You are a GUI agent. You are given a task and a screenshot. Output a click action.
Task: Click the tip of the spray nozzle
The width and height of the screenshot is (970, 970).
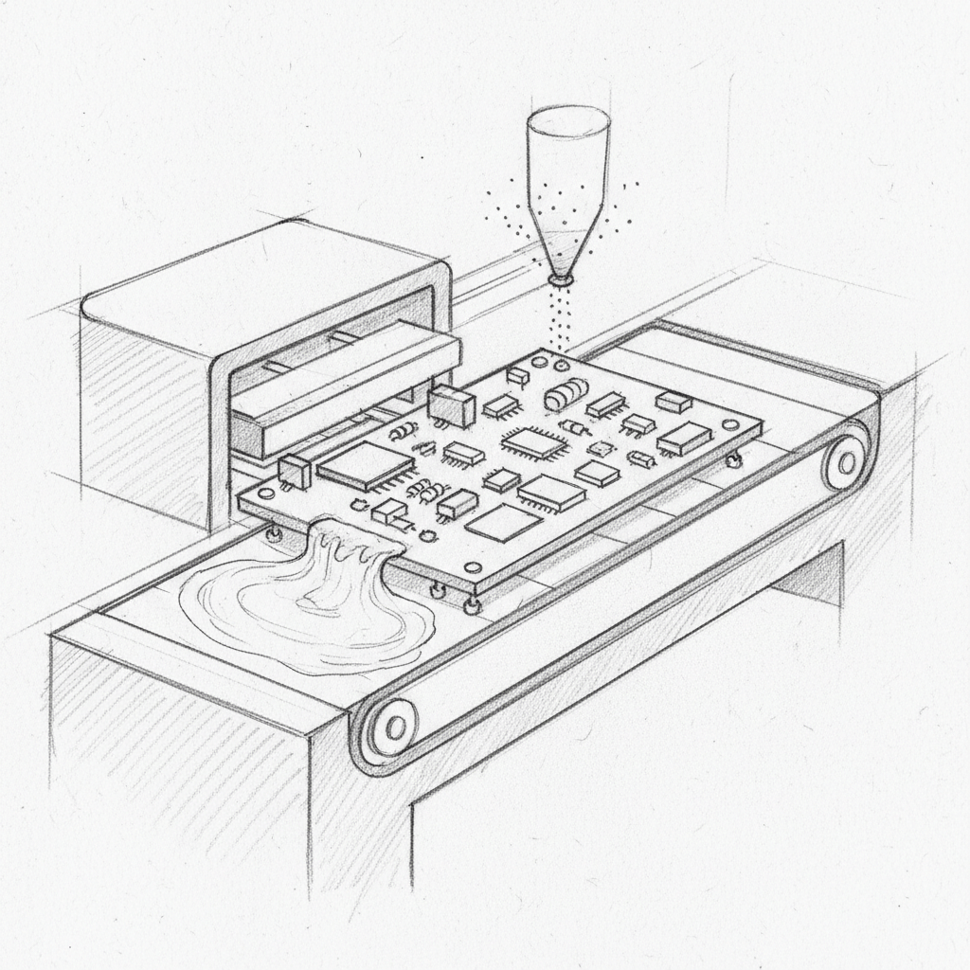pos(561,280)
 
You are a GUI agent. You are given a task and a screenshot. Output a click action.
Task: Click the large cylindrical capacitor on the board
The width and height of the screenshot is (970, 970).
pos(566,395)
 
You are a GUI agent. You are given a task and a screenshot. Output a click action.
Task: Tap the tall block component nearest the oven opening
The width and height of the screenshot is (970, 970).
pos(451,404)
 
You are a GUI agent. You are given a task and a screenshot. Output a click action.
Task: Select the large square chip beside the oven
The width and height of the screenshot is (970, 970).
pos(365,465)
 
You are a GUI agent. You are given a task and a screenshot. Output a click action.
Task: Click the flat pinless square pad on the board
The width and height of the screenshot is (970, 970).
pos(504,522)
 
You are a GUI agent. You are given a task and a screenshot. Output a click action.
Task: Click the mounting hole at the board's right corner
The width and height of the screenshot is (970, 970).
pos(730,424)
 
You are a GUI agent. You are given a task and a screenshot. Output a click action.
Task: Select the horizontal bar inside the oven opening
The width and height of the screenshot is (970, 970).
pos(346,384)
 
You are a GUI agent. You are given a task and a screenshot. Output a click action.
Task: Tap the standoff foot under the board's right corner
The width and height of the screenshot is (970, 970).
pos(733,460)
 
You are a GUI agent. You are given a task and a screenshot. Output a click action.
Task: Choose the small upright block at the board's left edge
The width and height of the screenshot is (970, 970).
pos(296,469)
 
